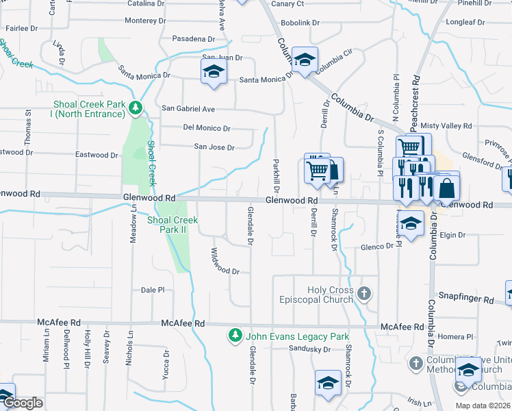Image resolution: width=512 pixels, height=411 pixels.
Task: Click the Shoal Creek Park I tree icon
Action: [136, 108]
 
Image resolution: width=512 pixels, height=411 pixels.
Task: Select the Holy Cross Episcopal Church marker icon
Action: [363, 295]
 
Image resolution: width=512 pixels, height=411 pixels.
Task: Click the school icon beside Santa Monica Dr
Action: [214, 73]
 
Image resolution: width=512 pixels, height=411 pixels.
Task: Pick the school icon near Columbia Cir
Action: [304, 60]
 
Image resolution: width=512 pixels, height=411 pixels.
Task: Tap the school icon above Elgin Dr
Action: [411, 225]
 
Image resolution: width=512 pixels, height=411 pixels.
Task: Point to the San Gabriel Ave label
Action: [188, 109]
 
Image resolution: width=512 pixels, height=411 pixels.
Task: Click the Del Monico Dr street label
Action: [206, 128]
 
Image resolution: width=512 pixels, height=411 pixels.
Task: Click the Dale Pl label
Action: [153, 290]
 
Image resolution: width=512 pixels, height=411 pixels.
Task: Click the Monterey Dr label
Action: [146, 21]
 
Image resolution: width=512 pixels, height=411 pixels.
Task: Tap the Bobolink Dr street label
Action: [300, 23]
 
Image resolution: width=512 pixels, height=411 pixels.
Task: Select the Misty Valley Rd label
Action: [446, 126]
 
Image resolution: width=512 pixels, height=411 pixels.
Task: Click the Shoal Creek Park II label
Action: [172, 225]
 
